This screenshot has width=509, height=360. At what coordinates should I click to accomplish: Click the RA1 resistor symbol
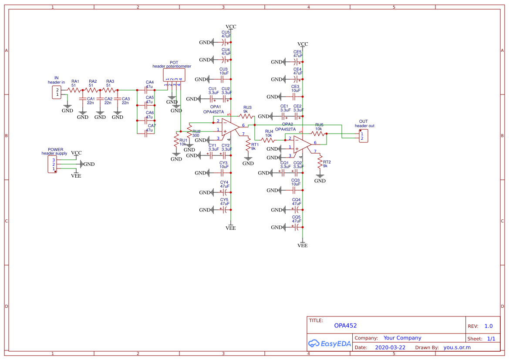75,90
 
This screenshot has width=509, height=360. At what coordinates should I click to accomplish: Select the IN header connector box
57,92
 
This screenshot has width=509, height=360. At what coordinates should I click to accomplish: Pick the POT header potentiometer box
174,75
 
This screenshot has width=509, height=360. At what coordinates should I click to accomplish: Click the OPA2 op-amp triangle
301,144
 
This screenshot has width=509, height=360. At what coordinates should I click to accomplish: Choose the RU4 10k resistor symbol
269,140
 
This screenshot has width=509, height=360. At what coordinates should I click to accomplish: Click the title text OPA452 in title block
345,326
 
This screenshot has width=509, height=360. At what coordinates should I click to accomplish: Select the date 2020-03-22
390,347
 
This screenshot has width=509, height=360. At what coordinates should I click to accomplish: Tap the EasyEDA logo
329,343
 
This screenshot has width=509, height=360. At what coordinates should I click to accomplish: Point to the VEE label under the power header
76,176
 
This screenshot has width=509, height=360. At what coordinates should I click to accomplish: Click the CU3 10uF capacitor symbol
224,79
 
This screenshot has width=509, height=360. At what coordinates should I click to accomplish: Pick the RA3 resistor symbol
110,90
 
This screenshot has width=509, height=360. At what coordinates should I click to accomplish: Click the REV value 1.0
488,326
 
